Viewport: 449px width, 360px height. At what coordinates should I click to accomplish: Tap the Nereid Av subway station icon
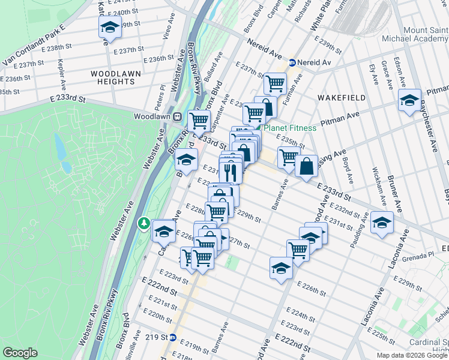click(292, 62)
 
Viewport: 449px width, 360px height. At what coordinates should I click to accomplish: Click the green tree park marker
click(144, 224)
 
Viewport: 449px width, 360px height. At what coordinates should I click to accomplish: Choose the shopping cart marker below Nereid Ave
click(275, 83)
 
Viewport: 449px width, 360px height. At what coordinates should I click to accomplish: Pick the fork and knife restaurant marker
click(231, 173)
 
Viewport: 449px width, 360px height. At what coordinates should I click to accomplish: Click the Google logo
click(20, 352)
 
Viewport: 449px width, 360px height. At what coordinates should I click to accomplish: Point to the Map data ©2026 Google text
click(412, 355)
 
